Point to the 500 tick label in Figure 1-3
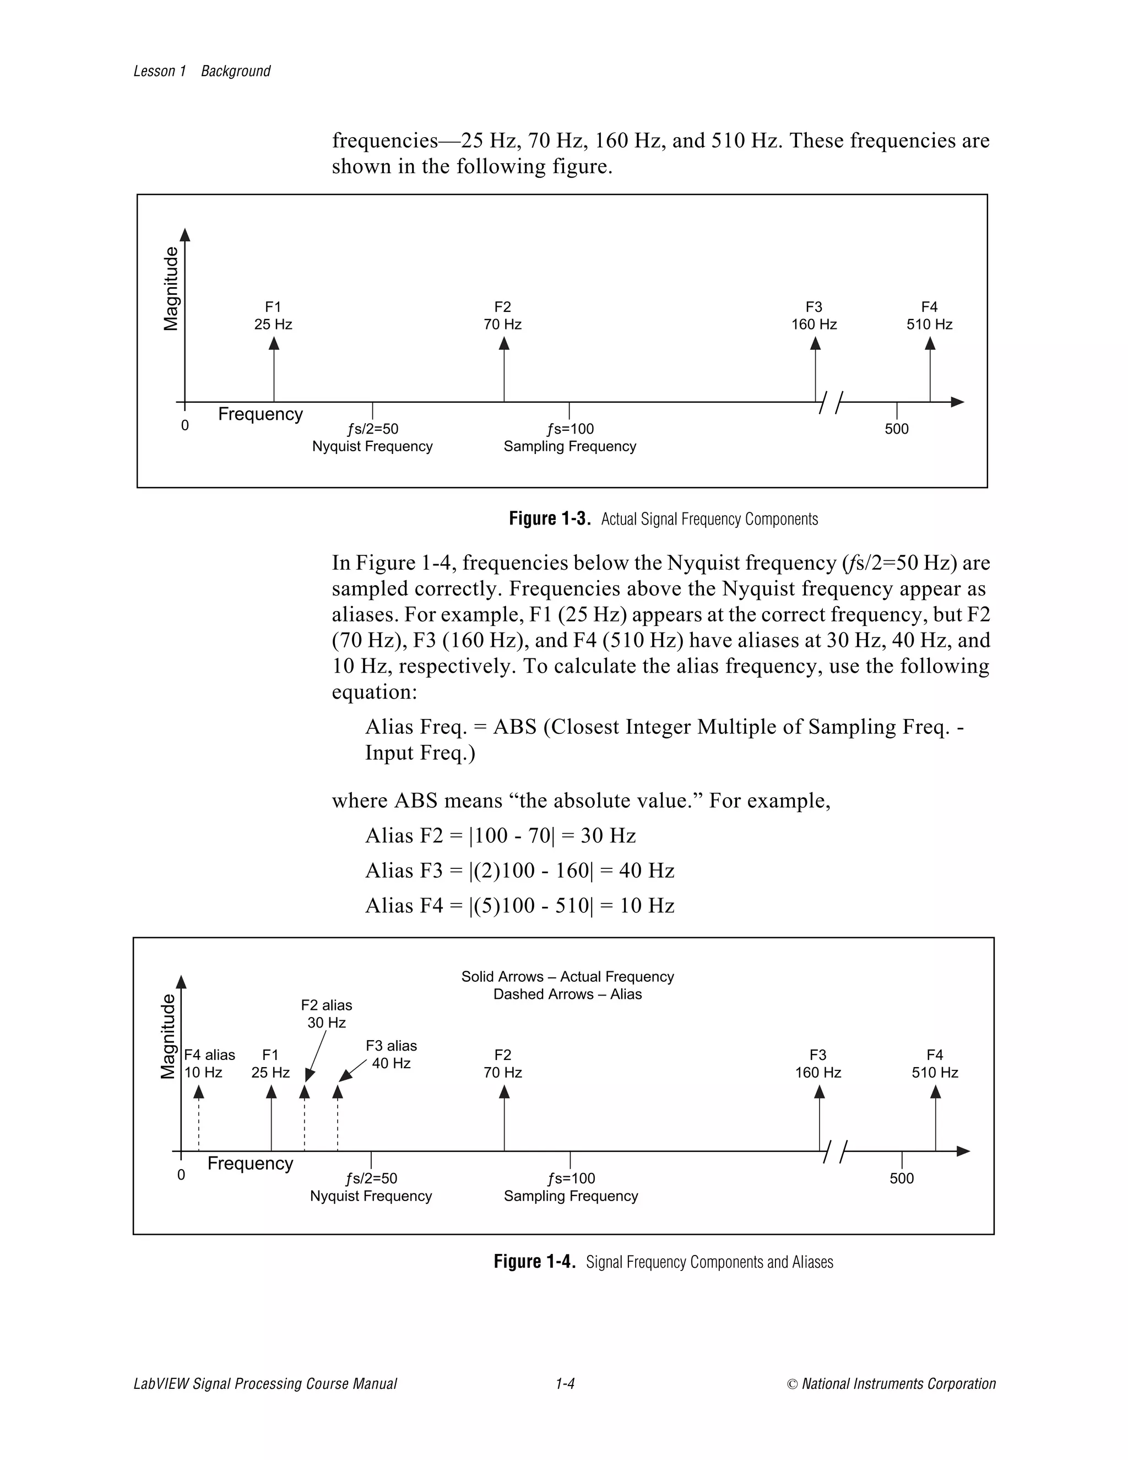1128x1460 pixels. (x=896, y=429)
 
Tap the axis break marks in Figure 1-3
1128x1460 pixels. (x=830, y=402)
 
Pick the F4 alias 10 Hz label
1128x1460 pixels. (x=209, y=1063)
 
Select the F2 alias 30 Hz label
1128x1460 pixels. (x=326, y=1013)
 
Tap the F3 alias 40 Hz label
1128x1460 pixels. (x=391, y=1054)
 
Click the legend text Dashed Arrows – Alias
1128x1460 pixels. (x=567, y=994)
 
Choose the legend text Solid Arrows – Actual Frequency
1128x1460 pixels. (x=567, y=977)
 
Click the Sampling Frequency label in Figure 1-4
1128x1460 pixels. (x=571, y=1196)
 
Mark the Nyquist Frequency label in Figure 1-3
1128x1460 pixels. (x=372, y=447)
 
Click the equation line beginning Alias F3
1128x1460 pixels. (x=519, y=870)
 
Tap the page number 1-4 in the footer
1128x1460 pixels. (x=565, y=1383)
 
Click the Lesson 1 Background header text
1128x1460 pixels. (x=202, y=71)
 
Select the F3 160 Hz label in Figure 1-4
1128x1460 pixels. (x=817, y=1063)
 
